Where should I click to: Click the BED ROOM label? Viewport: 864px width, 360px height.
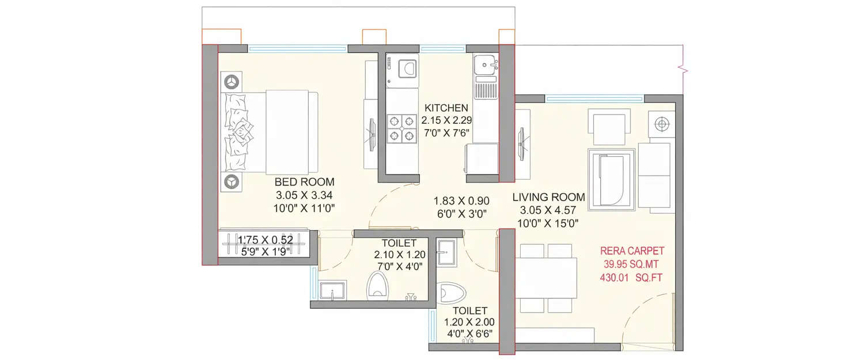pyautogui.click(x=304, y=182)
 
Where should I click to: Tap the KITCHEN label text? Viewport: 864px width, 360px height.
pyautogui.click(x=446, y=108)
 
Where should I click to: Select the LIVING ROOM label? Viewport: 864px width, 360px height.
pyautogui.click(x=548, y=198)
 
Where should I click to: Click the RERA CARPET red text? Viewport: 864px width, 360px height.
pyautogui.click(x=632, y=251)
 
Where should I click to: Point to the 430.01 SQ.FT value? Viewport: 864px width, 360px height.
pyautogui.click(x=632, y=278)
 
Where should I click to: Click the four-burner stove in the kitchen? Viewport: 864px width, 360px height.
pyautogui.click(x=401, y=128)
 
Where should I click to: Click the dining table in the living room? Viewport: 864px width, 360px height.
pyautogui.click(x=546, y=277)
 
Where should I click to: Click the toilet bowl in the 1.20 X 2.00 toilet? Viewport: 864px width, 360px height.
pyautogui.click(x=449, y=293)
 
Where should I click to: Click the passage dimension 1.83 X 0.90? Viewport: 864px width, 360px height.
pyautogui.click(x=461, y=201)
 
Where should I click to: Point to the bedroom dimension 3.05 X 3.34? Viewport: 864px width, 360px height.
pyautogui.click(x=304, y=195)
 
